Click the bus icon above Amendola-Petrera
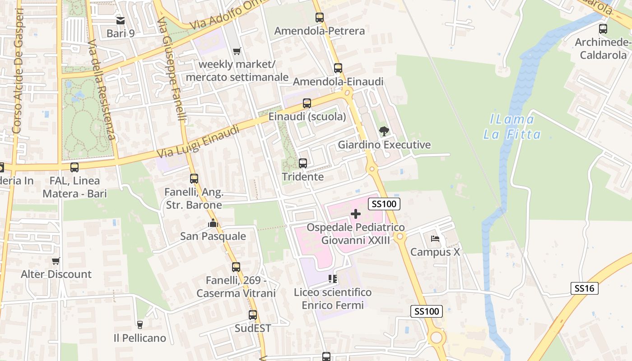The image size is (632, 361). pyautogui.click(x=320, y=18)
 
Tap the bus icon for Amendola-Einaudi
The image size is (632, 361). pyautogui.click(x=338, y=68)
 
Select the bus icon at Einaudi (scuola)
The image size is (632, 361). pyautogui.click(x=307, y=103)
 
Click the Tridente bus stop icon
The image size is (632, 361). pyautogui.click(x=303, y=163)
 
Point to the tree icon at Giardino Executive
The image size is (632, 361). pyautogui.click(x=384, y=131)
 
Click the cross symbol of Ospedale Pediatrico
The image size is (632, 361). pyautogui.click(x=356, y=214)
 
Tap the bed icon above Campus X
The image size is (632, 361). pyautogui.click(x=435, y=238)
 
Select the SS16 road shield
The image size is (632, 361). pyautogui.click(x=585, y=288)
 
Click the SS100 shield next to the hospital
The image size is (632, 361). pyautogui.click(x=385, y=204)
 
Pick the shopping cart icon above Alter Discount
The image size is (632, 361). pyautogui.click(x=56, y=261)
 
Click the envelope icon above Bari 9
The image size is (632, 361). pyautogui.click(x=121, y=20)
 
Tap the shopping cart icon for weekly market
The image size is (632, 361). pyautogui.click(x=237, y=51)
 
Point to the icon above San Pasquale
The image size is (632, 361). pyautogui.click(x=213, y=223)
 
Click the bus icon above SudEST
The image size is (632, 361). pyautogui.click(x=253, y=315)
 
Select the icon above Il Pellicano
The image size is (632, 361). pyautogui.click(x=139, y=324)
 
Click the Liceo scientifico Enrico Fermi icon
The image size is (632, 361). pyautogui.click(x=333, y=279)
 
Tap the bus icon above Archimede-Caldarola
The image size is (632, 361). pyautogui.click(x=603, y=29)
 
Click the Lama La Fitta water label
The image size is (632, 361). pyautogui.click(x=512, y=127)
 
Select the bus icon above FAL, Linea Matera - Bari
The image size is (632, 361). pyautogui.click(x=74, y=167)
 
